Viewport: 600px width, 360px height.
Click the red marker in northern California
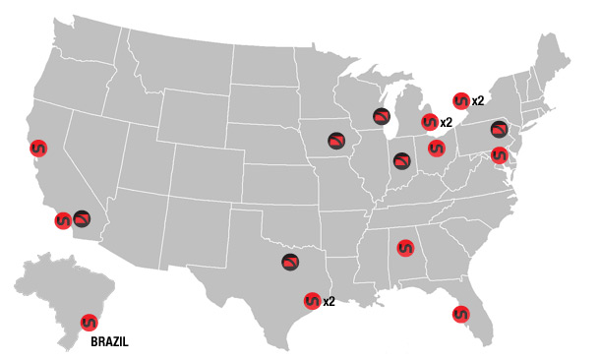click(x=37, y=149)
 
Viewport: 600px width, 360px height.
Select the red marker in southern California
click(x=63, y=221)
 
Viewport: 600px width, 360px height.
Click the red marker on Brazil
click(x=89, y=322)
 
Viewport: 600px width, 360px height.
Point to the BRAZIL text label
click(x=109, y=343)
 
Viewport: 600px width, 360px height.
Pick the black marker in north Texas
click(x=290, y=263)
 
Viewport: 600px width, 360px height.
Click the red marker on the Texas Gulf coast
click(x=312, y=301)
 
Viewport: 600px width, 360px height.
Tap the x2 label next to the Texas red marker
click(x=330, y=302)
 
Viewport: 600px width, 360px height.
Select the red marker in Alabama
click(x=404, y=249)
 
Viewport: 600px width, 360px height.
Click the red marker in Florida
click(x=460, y=315)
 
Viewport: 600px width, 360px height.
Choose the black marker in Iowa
click(x=337, y=140)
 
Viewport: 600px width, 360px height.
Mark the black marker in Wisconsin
click(x=382, y=116)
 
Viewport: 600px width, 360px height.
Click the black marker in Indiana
click(x=401, y=160)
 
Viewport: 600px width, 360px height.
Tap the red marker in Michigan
click(x=428, y=122)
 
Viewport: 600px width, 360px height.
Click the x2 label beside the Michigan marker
click(x=447, y=123)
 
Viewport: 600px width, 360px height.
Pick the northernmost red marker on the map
click(x=459, y=100)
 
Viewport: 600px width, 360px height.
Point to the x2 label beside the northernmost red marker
click(x=478, y=100)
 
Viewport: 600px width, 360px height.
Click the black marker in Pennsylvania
click(x=500, y=129)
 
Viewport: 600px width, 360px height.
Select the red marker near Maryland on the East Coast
click(x=500, y=154)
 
